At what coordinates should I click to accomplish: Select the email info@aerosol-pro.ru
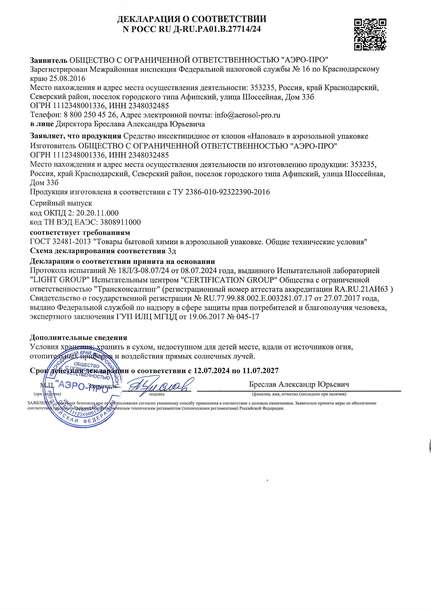point(247,115)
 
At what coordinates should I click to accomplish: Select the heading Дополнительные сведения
point(78,338)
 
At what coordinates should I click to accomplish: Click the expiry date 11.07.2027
point(260,371)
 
